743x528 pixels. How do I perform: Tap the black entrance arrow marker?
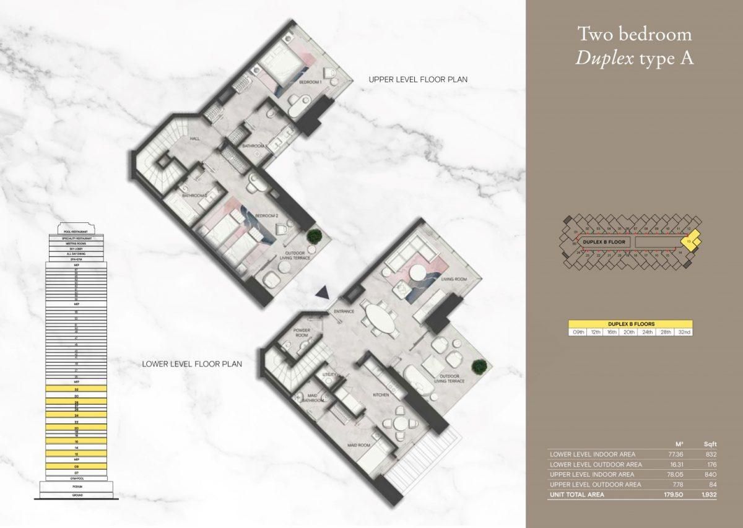pos(321,293)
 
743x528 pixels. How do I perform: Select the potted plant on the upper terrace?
pos(316,236)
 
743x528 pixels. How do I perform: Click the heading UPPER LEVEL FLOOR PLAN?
pos(417,79)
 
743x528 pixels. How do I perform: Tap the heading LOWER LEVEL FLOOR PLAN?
pos(191,365)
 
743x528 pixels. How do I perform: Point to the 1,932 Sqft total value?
pos(708,495)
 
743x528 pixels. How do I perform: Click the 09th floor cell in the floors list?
pos(578,332)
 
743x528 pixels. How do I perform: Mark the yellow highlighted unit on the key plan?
pos(691,240)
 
